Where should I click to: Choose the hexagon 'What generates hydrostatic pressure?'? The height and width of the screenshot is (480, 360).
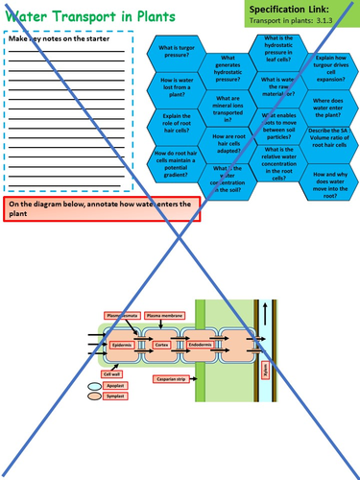227,69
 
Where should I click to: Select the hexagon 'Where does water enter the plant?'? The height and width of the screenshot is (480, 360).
329,106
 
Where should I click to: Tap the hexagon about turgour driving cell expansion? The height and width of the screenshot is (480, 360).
329,69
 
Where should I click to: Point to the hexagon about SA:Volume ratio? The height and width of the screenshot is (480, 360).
329,140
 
